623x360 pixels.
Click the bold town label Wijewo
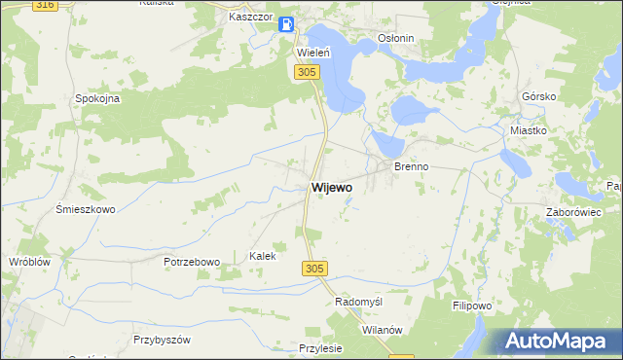click(332, 186)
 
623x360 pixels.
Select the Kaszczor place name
click(247, 18)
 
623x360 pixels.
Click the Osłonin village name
click(396, 39)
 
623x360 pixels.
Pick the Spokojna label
click(97, 98)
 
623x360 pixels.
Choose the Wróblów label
click(28, 262)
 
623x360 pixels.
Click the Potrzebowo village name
click(193, 262)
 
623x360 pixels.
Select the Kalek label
click(263, 256)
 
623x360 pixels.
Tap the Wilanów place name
click(382, 330)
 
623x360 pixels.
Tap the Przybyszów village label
click(162, 340)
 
